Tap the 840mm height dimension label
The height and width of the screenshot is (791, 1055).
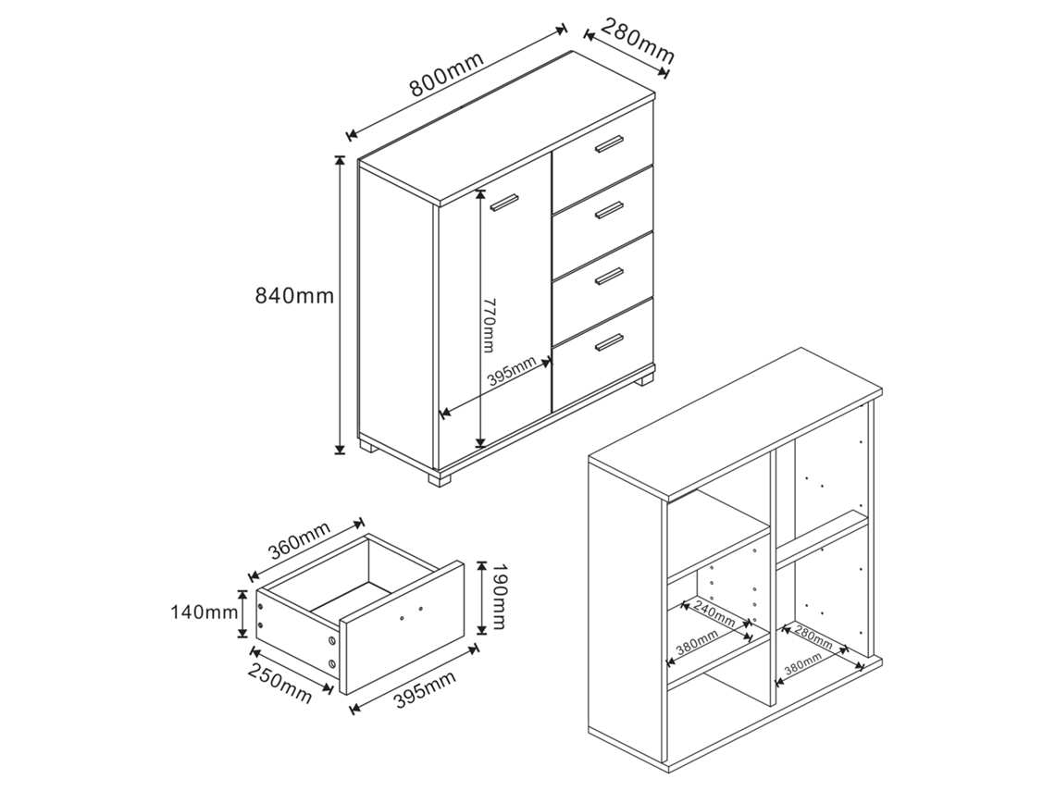click(x=294, y=295)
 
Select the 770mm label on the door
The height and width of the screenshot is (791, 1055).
click(x=490, y=325)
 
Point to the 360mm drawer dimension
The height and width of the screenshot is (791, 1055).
click(x=299, y=541)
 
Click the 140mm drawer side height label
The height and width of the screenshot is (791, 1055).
click(x=204, y=612)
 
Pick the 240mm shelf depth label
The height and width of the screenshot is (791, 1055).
click(x=714, y=612)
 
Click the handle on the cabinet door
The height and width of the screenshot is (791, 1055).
click(x=504, y=202)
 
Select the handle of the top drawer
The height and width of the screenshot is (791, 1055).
click(x=610, y=144)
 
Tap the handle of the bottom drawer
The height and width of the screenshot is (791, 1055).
click(x=610, y=341)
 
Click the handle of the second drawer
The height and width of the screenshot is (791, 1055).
click(x=610, y=210)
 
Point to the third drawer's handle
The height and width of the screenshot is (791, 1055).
click(x=610, y=276)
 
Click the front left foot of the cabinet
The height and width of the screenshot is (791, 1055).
click(x=440, y=479)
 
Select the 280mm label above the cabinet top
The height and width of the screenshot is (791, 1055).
click(x=637, y=42)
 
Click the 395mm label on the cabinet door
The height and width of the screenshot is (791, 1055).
click(x=512, y=371)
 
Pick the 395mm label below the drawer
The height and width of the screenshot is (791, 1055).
click(x=423, y=688)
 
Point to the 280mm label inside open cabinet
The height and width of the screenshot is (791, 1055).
click(x=813, y=637)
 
